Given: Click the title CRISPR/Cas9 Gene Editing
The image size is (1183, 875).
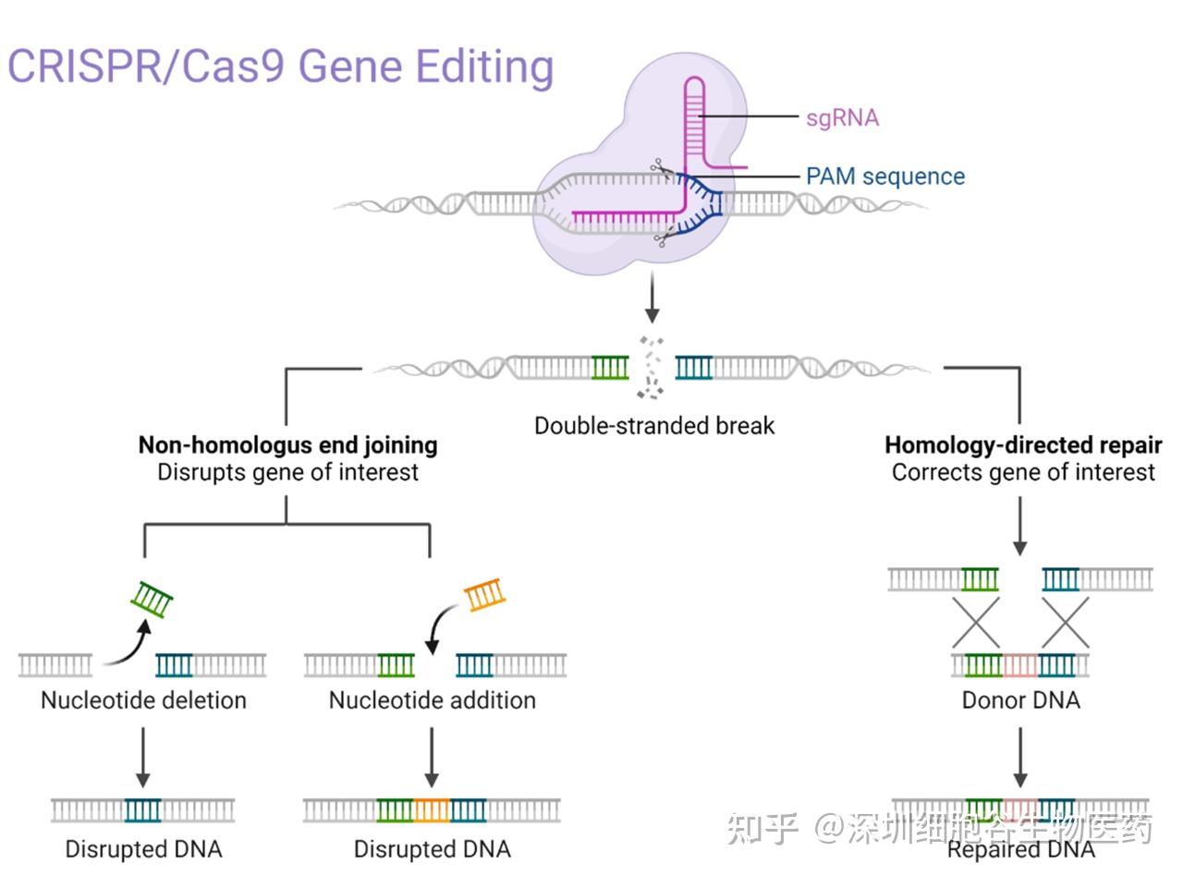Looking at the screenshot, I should tap(280, 67).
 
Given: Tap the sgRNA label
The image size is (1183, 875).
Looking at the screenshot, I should tap(842, 117).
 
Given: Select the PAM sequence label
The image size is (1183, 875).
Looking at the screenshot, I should tap(884, 176).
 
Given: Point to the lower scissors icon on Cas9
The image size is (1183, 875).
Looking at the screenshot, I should tap(663, 239).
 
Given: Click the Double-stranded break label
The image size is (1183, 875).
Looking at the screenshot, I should tap(654, 426).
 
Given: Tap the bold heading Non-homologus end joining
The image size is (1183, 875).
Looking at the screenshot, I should tap(287, 445).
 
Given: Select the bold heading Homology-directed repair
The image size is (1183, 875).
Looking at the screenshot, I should tap(1023, 445).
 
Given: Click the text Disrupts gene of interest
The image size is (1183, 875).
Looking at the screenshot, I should tap(287, 472).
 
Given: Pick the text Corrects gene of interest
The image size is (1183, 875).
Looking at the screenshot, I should tap(1023, 472).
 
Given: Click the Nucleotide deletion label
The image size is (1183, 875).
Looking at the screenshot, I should tap(143, 700).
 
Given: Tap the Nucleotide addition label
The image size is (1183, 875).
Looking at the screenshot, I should tap(432, 700).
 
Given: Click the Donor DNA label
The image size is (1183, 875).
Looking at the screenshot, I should tap(1020, 700).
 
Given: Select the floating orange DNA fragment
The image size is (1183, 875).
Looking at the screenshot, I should tap(484, 594).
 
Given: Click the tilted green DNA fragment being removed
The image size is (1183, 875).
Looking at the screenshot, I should tap(152, 600).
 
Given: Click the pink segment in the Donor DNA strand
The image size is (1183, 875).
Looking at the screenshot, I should tap(1020, 665).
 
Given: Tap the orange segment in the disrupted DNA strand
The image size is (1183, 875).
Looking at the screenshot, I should tap(432, 810).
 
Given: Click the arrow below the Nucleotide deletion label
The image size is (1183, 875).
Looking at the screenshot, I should tap(142, 757).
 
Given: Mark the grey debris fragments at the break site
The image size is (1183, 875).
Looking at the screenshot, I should tap(652, 367).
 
